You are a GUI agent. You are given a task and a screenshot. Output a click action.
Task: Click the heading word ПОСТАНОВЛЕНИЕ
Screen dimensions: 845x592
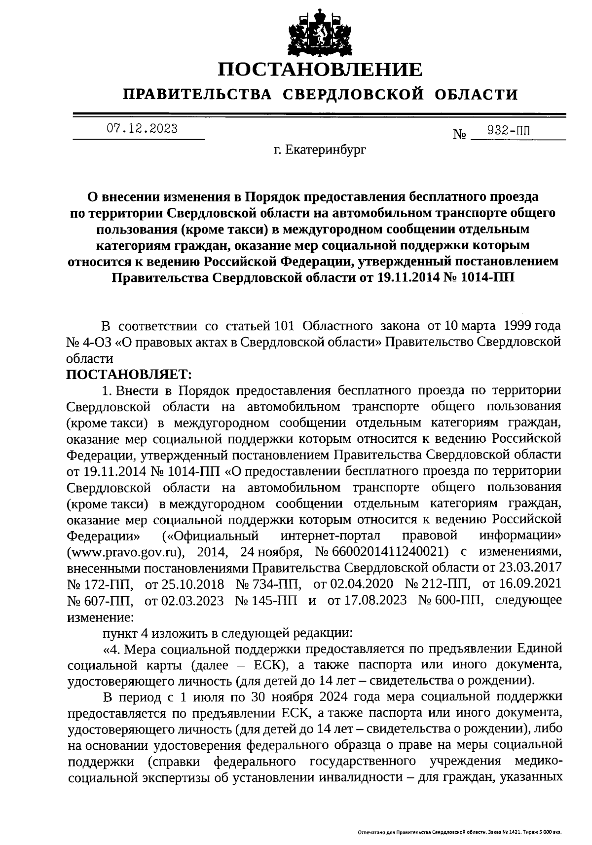click(320, 69)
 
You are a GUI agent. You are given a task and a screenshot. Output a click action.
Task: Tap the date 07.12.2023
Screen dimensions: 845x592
click(143, 129)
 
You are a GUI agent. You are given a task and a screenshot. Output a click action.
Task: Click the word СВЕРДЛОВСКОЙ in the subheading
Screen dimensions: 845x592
click(353, 94)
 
